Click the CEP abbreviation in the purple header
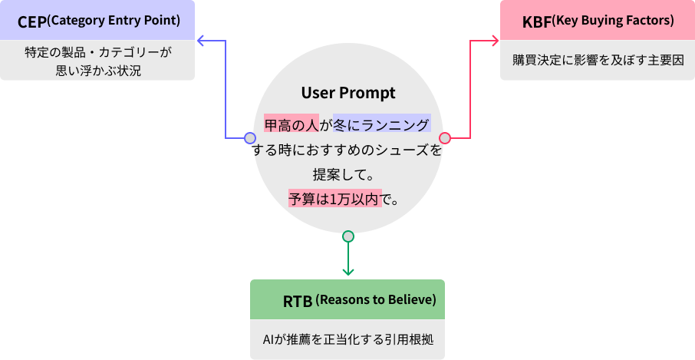(x=31, y=21)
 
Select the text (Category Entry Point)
(x=114, y=20)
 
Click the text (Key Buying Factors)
(x=614, y=20)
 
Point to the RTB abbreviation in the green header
(x=298, y=300)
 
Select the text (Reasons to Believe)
(x=376, y=299)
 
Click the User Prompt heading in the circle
(x=348, y=93)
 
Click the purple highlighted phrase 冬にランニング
(x=382, y=124)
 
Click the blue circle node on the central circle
(x=249, y=138)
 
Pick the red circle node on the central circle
(x=444, y=138)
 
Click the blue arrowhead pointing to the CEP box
(x=201, y=39)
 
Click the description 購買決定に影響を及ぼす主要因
(x=598, y=60)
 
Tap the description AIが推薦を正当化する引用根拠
(x=348, y=339)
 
